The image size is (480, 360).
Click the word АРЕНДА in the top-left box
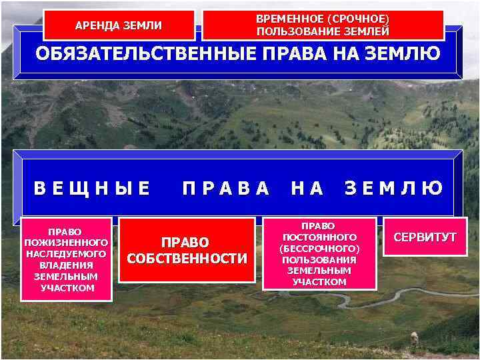pos(97,26)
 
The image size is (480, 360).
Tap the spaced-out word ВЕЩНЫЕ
pos(93,189)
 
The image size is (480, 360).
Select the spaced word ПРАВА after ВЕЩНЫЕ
pos(227,189)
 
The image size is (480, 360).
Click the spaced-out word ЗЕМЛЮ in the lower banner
pos(394,189)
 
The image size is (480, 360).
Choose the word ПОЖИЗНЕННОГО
pos(66,243)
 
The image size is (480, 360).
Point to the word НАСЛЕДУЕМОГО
pos(66,254)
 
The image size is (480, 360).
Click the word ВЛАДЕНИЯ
pos(66,265)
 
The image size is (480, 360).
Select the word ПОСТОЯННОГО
pos(319,237)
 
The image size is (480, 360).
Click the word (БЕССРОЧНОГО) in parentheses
pos(319,249)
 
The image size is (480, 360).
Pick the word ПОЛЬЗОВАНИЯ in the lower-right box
pos(319,260)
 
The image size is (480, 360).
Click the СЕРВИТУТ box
pos(425,237)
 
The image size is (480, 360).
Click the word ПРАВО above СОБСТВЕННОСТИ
pos(187,243)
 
